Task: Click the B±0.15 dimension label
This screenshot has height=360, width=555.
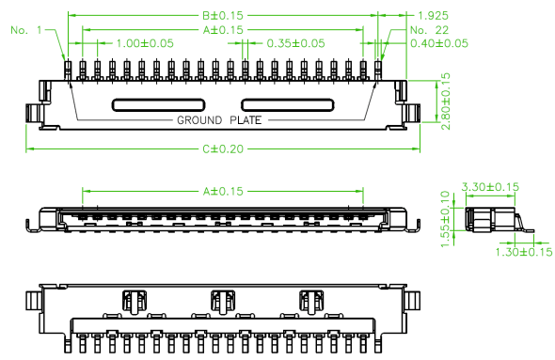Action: pos(223,16)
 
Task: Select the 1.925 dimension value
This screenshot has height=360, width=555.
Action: pos(433,16)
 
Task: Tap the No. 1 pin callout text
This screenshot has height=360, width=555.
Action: pos(26,30)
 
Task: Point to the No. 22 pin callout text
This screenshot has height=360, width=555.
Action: pos(429,30)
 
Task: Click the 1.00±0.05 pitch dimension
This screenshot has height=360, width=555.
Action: pos(145,43)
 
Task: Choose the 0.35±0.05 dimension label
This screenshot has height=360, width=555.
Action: pos(295,43)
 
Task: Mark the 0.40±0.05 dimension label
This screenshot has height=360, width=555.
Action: pos(439,43)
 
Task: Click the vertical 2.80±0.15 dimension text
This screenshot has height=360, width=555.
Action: pos(446,102)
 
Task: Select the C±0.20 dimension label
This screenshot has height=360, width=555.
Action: pos(223,149)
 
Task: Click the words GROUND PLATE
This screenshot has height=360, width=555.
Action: pos(219,120)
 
